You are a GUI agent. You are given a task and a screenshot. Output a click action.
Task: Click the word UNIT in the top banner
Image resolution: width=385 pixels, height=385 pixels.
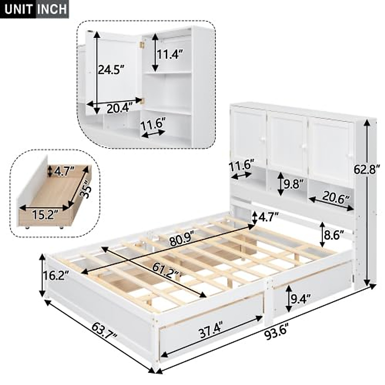click(18, 9)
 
